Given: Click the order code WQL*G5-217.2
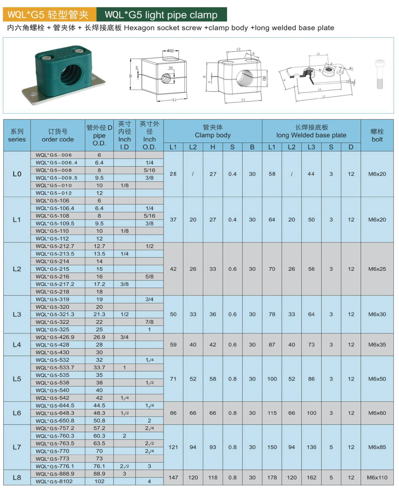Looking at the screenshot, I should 55,284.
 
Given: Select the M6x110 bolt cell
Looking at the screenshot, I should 377,478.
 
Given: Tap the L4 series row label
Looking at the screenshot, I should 17,344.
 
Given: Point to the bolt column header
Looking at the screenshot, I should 377,135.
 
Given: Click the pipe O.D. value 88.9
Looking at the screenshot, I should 99,474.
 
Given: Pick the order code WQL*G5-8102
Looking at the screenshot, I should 54,481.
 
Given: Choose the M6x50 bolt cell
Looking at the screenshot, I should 377,379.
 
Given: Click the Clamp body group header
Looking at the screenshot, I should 213,131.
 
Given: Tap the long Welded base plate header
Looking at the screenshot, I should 311,131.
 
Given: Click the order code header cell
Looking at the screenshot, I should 57,135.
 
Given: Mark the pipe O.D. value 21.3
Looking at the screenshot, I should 99,314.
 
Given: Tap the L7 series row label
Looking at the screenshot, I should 17,447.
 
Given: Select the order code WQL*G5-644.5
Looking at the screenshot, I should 55,406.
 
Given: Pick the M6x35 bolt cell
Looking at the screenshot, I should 377,344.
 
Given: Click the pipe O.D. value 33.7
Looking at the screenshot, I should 99,367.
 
